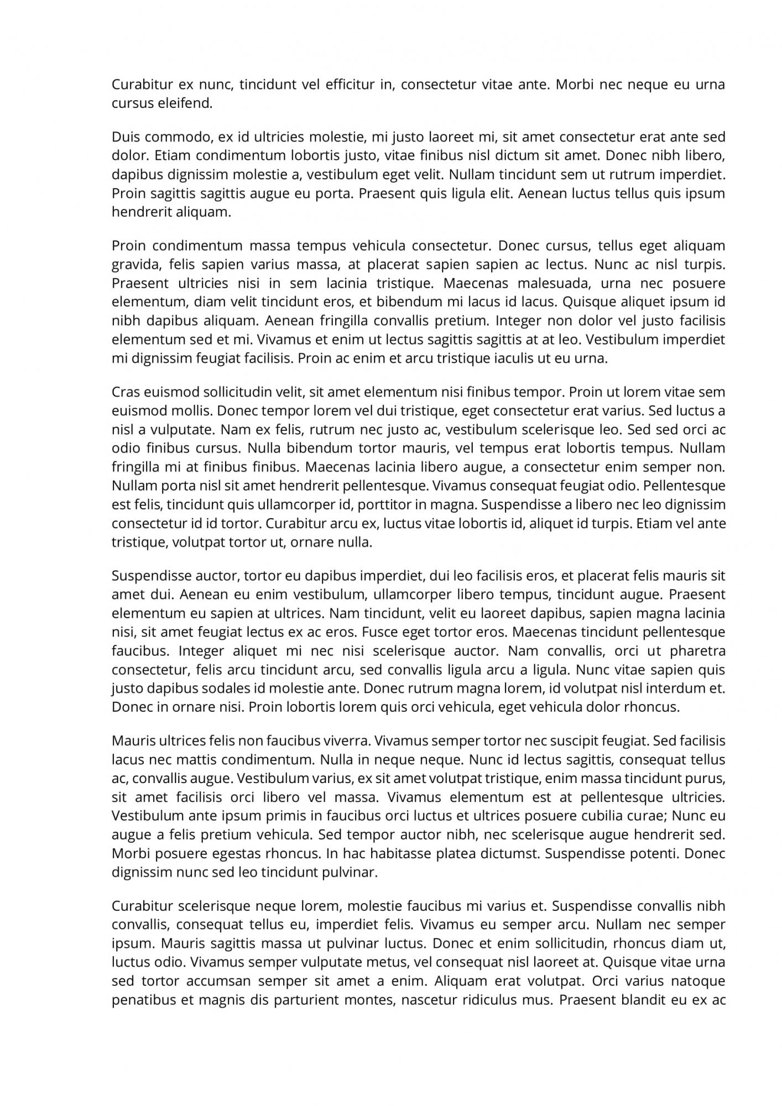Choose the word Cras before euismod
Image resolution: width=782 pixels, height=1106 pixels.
coord(126,393)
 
